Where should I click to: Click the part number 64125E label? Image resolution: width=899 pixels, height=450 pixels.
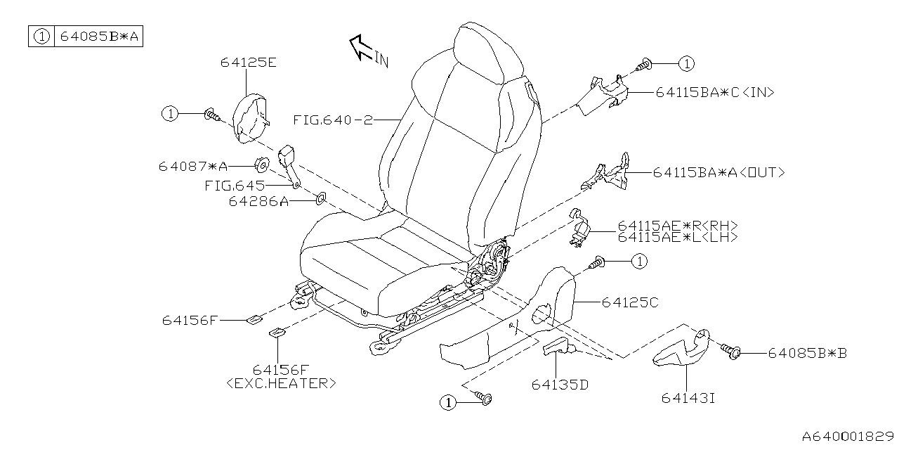click(x=248, y=63)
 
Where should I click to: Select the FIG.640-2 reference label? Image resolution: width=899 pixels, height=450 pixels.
click(x=332, y=120)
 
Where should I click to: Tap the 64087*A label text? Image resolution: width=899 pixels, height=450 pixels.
click(x=192, y=167)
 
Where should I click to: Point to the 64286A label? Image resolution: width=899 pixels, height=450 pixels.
click(x=258, y=202)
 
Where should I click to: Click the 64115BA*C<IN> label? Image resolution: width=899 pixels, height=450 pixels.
click(x=715, y=92)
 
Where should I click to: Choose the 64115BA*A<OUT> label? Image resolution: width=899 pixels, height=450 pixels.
click(x=718, y=172)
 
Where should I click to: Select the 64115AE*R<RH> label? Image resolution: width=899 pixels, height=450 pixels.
click(x=677, y=226)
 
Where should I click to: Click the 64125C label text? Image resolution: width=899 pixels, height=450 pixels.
click(x=629, y=302)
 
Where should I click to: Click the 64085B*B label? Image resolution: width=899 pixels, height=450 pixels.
click(x=806, y=353)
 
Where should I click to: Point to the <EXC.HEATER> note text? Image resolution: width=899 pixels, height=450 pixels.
click(x=281, y=383)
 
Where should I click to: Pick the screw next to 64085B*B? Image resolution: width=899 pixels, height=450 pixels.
click(x=731, y=349)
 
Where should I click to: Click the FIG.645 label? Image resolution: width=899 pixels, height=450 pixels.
click(x=235, y=186)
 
